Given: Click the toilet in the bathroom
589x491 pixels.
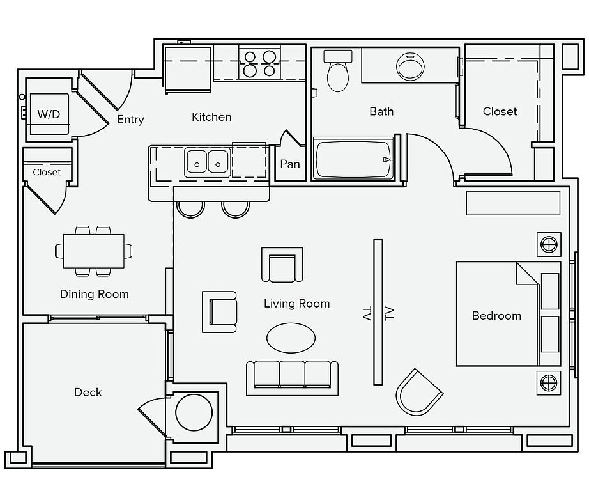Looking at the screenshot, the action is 338,71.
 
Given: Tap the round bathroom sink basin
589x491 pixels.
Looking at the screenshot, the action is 410,66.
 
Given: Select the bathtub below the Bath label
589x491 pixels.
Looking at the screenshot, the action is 353,159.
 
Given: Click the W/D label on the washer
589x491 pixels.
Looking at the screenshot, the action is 49,114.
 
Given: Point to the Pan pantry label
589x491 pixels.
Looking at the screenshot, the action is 290,164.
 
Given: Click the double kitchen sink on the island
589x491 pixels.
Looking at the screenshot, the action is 208,162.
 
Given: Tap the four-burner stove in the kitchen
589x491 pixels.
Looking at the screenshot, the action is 259,63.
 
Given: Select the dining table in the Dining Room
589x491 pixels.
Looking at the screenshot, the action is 93,251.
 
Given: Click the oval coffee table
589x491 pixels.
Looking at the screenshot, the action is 291,338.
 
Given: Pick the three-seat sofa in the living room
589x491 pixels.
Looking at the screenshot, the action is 292,378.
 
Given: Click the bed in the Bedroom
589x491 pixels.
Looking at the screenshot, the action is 509,314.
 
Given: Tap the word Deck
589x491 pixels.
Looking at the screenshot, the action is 88,392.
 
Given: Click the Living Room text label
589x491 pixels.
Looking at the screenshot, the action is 297,304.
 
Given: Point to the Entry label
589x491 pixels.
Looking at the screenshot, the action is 130,120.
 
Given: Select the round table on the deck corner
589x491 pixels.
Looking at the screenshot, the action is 194,412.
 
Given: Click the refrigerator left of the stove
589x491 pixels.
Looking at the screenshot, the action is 188,70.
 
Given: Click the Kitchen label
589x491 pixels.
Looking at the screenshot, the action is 211,117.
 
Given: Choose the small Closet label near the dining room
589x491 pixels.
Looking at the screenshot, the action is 47,172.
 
